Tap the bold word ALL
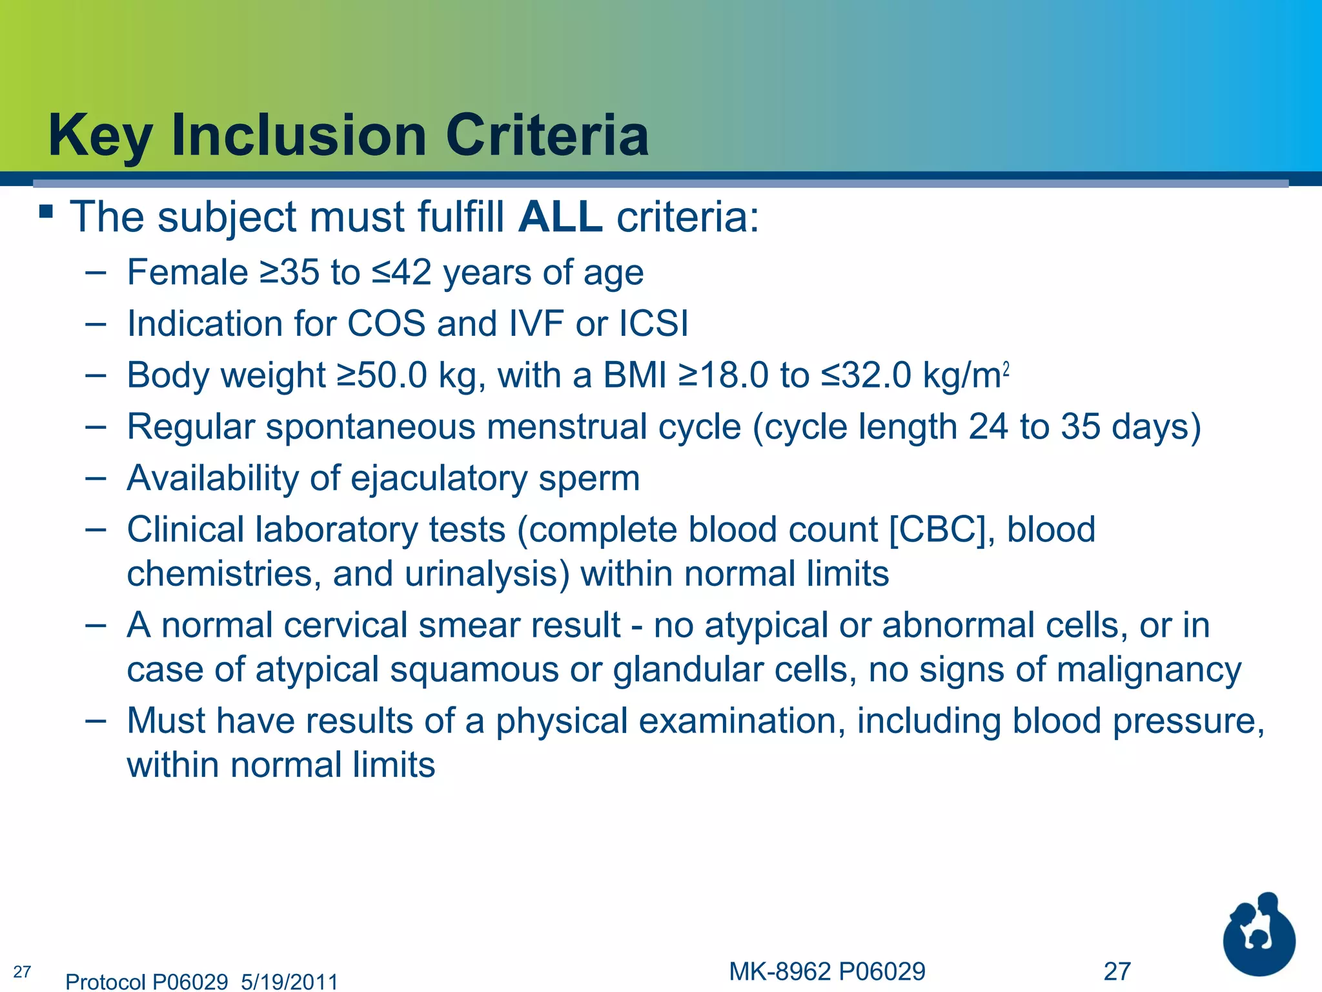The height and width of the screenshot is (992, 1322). pyautogui.click(x=560, y=217)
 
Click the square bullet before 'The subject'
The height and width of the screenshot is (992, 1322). pyautogui.click(x=45, y=212)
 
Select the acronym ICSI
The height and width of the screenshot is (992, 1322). pyautogui.click(x=653, y=324)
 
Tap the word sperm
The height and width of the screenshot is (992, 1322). pyautogui.click(x=589, y=479)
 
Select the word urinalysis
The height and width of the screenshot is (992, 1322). pyautogui.click(x=487, y=574)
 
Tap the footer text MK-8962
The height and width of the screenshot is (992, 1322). pyautogui.click(x=780, y=971)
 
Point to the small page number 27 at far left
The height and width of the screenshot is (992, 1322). pyautogui.click(x=22, y=971)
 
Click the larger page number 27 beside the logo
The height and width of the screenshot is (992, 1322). pyautogui.click(x=1117, y=971)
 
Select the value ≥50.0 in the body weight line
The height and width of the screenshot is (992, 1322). pyautogui.click(x=381, y=375)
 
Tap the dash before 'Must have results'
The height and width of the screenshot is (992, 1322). pyautogui.click(x=95, y=721)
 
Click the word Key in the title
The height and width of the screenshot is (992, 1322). pyautogui.click(x=100, y=136)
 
